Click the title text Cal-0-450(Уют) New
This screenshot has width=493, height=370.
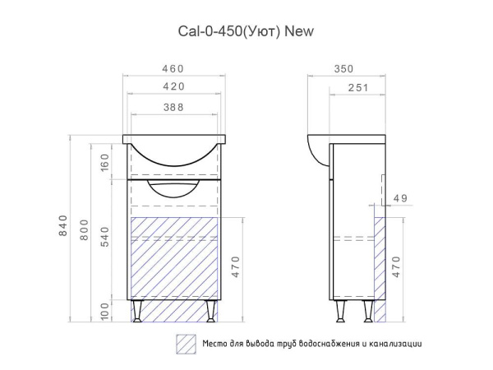click(246, 31)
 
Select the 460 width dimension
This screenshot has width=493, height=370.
click(173, 68)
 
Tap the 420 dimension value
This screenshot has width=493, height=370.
click(173, 86)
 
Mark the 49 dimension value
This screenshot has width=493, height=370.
click(400, 197)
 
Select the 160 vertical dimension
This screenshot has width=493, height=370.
click(105, 161)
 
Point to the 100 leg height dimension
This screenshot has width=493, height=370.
click(105, 311)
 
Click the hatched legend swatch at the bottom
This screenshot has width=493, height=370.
click(186, 344)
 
